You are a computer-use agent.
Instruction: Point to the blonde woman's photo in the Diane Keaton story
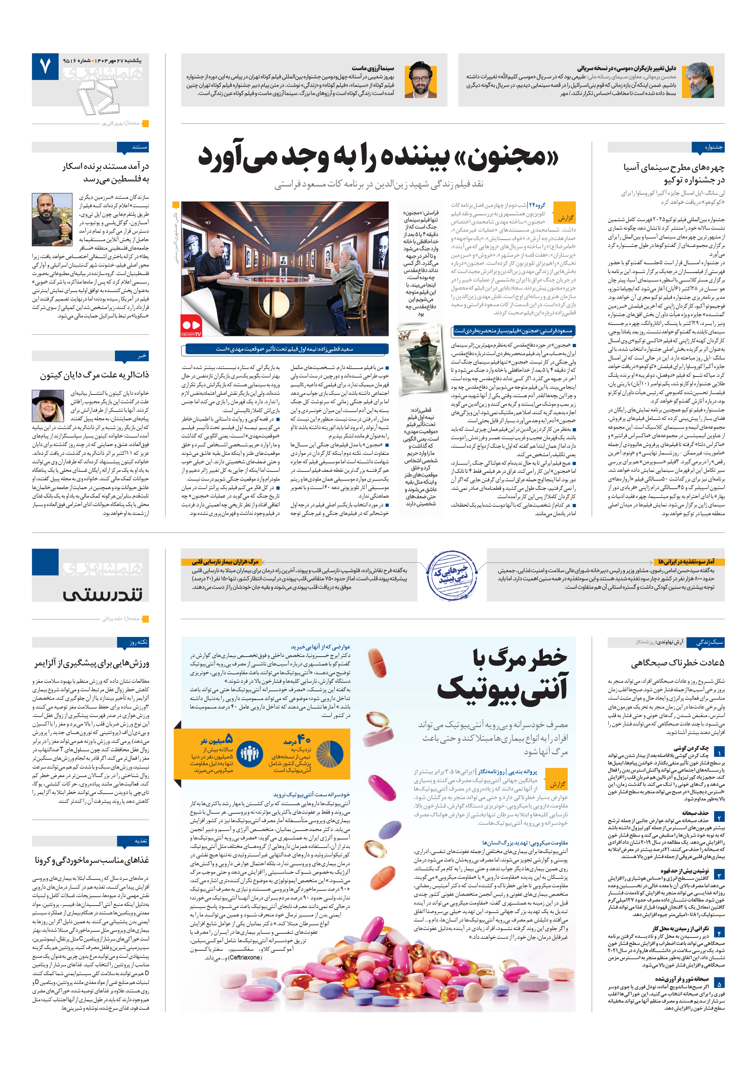click(x=48, y=405)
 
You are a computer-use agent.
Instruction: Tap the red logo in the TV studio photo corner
click(x=191, y=326)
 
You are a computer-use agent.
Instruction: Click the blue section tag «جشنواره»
click(x=707, y=148)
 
